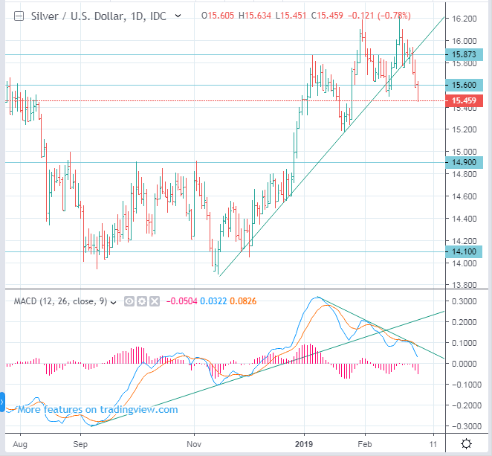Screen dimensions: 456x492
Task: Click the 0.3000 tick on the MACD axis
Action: (x=465, y=303)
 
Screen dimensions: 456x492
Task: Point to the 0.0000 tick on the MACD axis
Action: (x=465, y=365)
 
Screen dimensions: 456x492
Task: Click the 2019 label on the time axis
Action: (x=304, y=443)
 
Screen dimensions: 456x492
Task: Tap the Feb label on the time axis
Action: (x=365, y=443)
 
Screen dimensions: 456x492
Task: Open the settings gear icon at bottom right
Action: (x=465, y=444)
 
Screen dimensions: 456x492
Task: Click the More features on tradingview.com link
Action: (x=97, y=409)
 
